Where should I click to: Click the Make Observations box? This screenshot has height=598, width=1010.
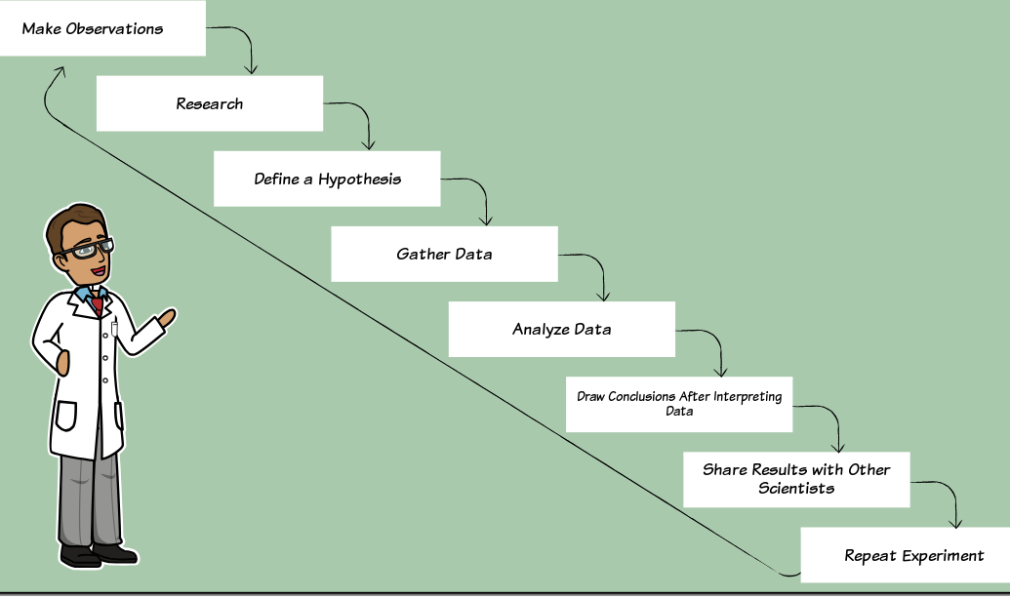coord(103,28)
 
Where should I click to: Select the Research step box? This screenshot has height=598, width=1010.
coord(210,103)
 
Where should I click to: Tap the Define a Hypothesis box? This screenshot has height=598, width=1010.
coord(327,179)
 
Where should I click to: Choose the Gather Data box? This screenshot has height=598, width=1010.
coord(444,254)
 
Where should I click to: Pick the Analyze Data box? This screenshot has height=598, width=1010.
coord(562,329)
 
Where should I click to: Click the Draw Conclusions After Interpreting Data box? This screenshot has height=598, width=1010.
coord(679,404)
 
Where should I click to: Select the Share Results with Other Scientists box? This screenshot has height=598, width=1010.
coord(797,480)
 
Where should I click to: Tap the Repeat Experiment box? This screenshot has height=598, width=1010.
coord(905,555)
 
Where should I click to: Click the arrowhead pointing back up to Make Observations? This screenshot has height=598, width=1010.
coord(61,71)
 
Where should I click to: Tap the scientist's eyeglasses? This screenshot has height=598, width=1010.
coord(88,249)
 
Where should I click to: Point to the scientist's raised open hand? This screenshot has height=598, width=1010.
coord(166,318)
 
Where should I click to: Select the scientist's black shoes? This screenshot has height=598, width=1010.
coord(99,555)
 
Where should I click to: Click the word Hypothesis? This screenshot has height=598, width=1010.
coord(359,179)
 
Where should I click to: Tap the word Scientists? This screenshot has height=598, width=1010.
coord(796,488)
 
